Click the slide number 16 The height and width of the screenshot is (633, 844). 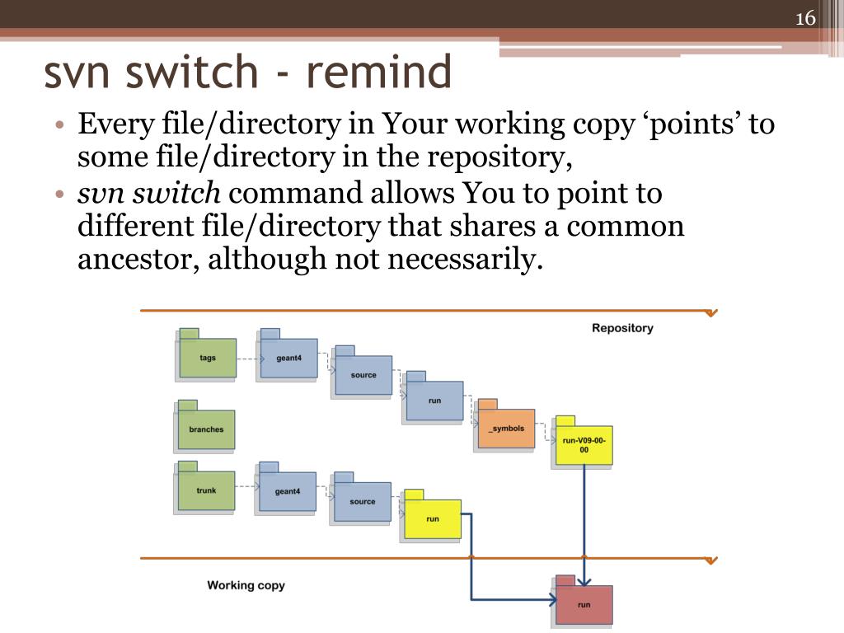click(805, 19)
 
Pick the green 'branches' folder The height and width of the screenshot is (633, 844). click(206, 429)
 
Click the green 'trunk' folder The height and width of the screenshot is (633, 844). click(206, 490)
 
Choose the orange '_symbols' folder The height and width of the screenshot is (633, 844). click(505, 429)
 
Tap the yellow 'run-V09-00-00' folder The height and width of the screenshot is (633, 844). click(584, 445)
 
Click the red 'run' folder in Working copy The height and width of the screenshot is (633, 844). click(584, 604)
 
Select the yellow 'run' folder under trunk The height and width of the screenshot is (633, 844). click(432, 518)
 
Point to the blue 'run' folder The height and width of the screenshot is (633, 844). click(434, 401)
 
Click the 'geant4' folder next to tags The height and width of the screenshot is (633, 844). click(288, 358)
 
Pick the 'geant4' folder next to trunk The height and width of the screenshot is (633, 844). click(287, 491)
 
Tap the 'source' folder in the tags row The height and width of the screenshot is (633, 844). click(363, 375)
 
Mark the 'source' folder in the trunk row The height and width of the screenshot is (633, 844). click(362, 501)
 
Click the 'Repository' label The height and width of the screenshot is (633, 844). click(622, 328)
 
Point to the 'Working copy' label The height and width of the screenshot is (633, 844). click(246, 585)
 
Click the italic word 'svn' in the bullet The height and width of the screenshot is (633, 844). click(101, 194)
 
